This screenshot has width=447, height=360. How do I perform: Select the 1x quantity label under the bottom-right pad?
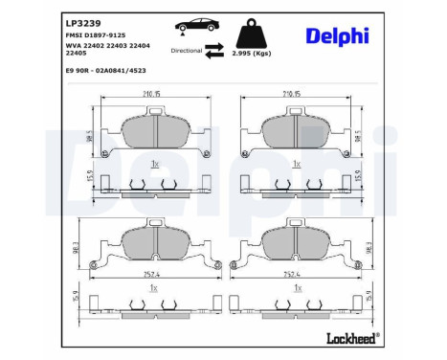[x=298, y=286]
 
